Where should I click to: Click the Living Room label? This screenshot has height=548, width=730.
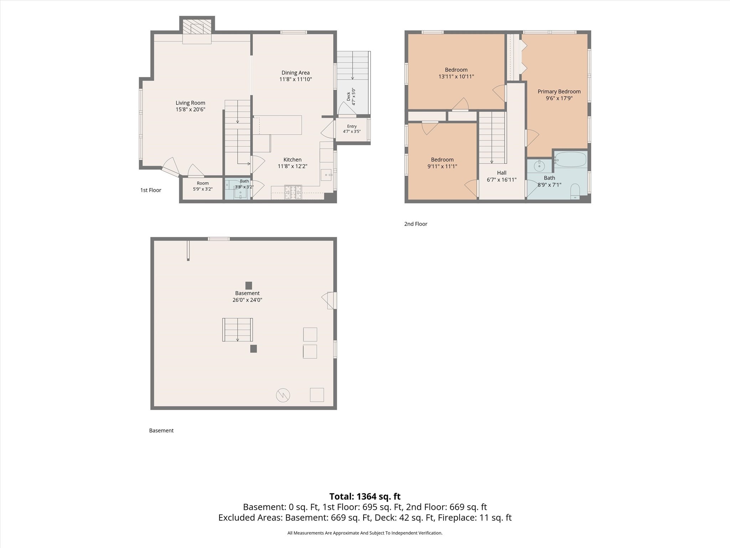[190, 103]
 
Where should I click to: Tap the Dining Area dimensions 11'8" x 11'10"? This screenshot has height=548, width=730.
[295, 80]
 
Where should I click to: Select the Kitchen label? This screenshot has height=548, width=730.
[292, 159]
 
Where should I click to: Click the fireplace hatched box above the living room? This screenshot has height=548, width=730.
[197, 27]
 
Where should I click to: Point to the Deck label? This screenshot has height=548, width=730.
[349, 96]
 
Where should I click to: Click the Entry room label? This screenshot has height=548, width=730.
[352, 126]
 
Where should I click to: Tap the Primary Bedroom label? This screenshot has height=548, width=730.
[559, 92]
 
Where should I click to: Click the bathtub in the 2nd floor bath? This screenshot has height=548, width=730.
[570, 159]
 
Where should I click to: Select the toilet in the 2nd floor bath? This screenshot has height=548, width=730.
[575, 192]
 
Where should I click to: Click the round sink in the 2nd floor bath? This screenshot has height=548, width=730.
[540, 166]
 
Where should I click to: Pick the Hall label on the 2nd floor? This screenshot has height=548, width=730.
[502, 173]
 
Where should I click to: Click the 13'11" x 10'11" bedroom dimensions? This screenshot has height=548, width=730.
[456, 76]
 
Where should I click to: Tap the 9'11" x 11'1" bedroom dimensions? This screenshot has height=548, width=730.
[442, 166]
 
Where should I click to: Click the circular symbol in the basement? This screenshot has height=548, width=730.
[283, 395]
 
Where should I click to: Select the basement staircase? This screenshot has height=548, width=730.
[237, 330]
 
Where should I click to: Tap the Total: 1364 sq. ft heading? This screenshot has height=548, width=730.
[365, 496]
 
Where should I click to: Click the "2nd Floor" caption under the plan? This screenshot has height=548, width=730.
[416, 224]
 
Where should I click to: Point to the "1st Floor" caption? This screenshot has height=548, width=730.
[150, 190]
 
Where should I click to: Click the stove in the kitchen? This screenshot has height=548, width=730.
[293, 192]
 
